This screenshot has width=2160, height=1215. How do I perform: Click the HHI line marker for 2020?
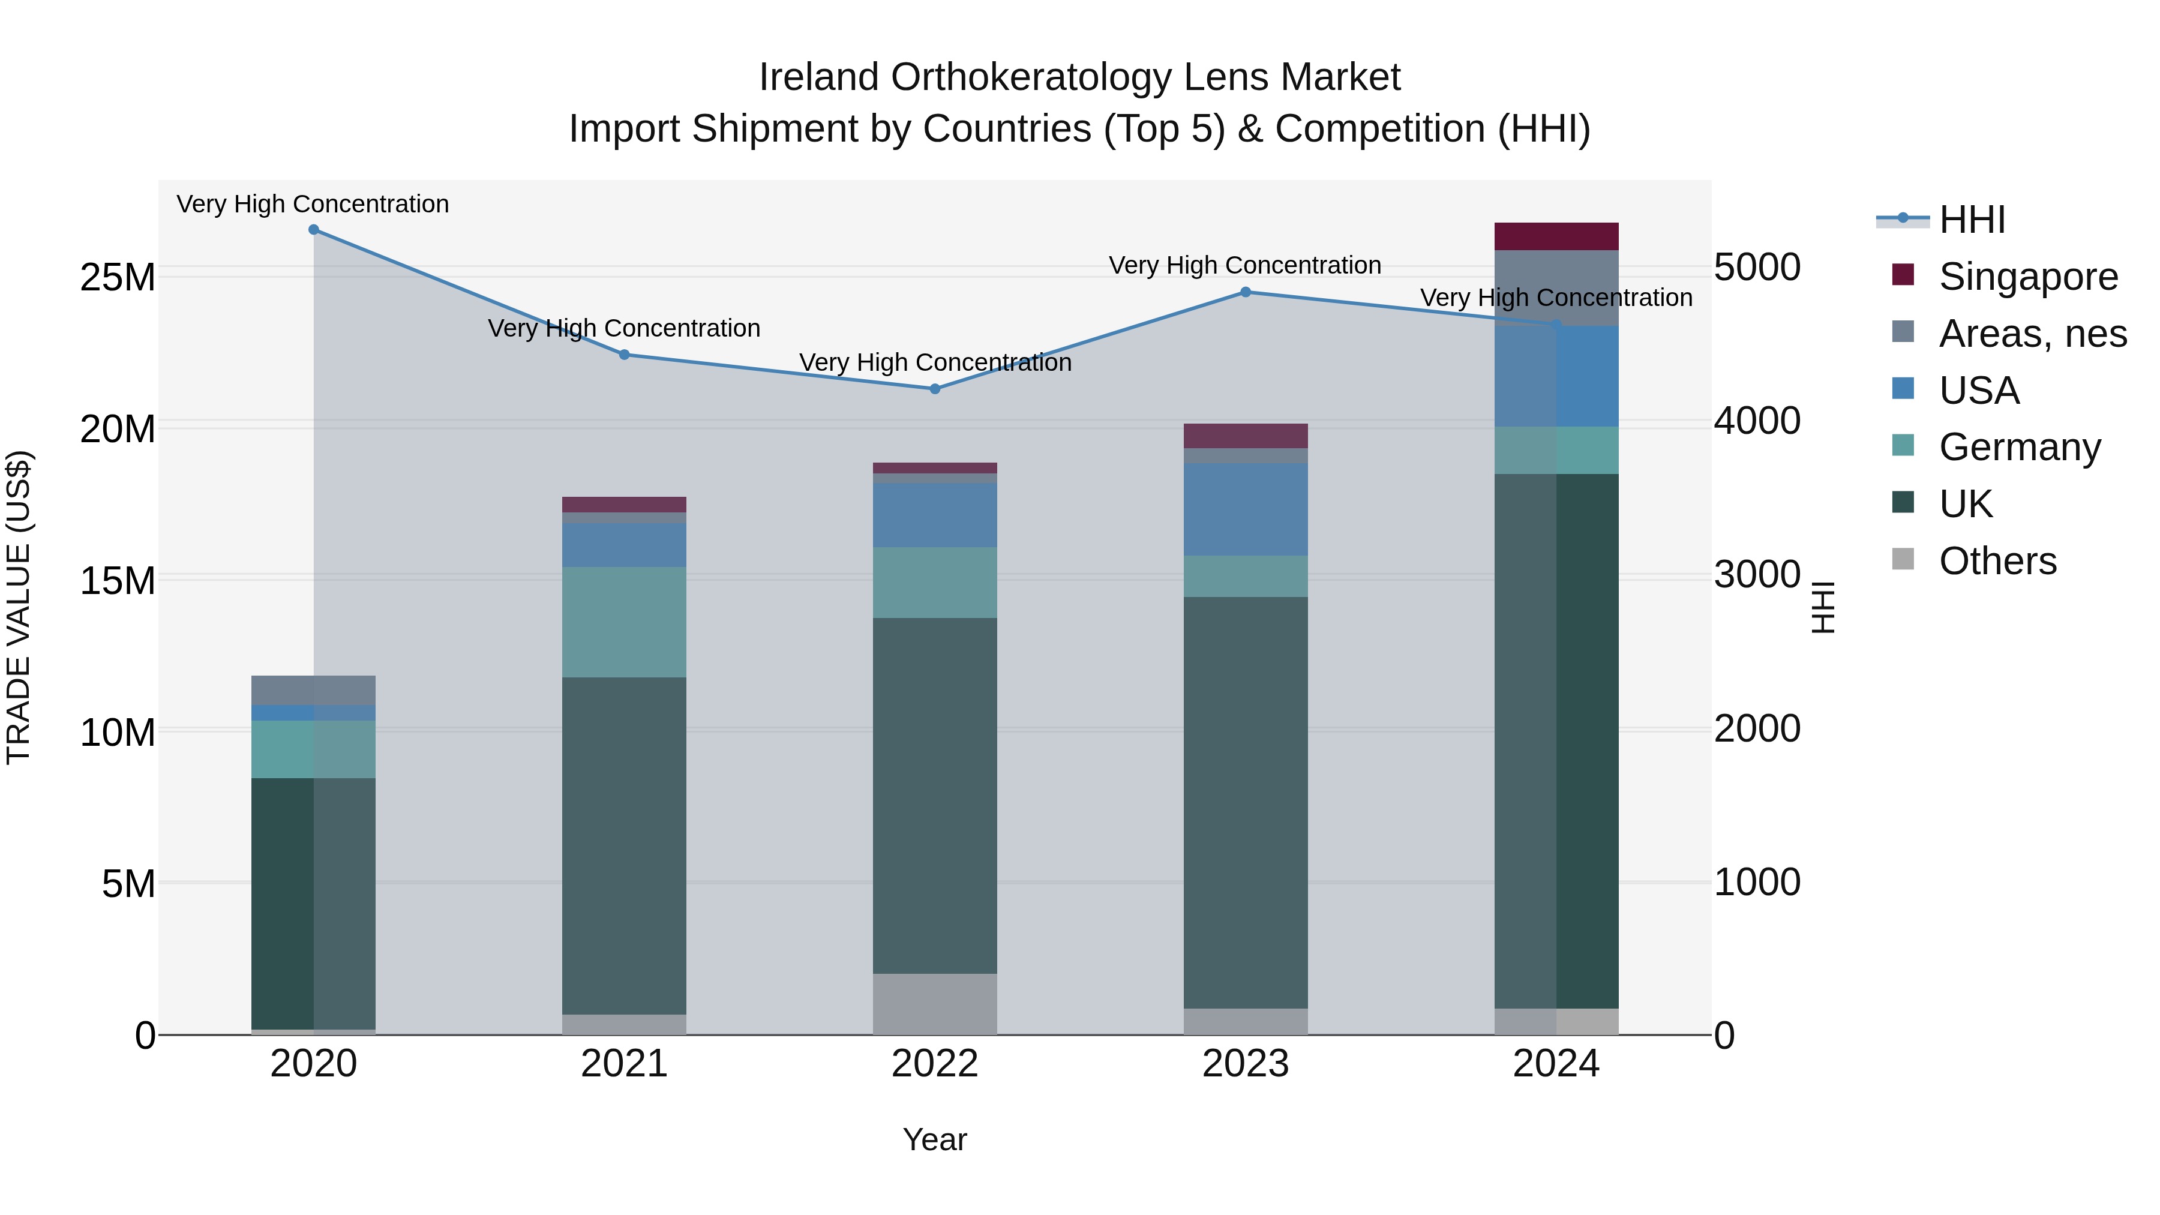coord(314,230)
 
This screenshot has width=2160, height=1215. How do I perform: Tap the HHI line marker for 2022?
coord(935,389)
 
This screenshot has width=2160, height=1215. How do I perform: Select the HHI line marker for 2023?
coord(1245,293)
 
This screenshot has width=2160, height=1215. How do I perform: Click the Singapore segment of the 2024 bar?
coord(1556,236)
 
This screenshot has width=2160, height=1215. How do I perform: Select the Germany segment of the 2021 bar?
coord(624,622)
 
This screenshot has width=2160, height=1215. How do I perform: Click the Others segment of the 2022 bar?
coord(935,1004)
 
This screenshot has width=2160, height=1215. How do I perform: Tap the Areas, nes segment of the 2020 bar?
coord(314,690)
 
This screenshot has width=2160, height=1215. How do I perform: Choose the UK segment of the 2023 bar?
coord(1245,802)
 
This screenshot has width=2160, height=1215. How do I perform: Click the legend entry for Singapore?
coord(2027,277)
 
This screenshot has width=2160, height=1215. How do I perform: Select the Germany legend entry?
coord(2019,447)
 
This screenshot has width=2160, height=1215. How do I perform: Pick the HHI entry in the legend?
coord(1972,220)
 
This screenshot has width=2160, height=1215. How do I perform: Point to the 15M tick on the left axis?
coord(118,581)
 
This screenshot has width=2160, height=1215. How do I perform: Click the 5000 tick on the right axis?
coord(1757,268)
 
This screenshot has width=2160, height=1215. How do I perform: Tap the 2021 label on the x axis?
coord(624,1064)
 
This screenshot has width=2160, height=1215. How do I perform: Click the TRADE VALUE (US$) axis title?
coord(19,607)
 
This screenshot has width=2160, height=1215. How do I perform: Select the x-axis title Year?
coord(935,1139)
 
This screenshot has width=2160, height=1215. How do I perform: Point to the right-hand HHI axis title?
coord(1822,607)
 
